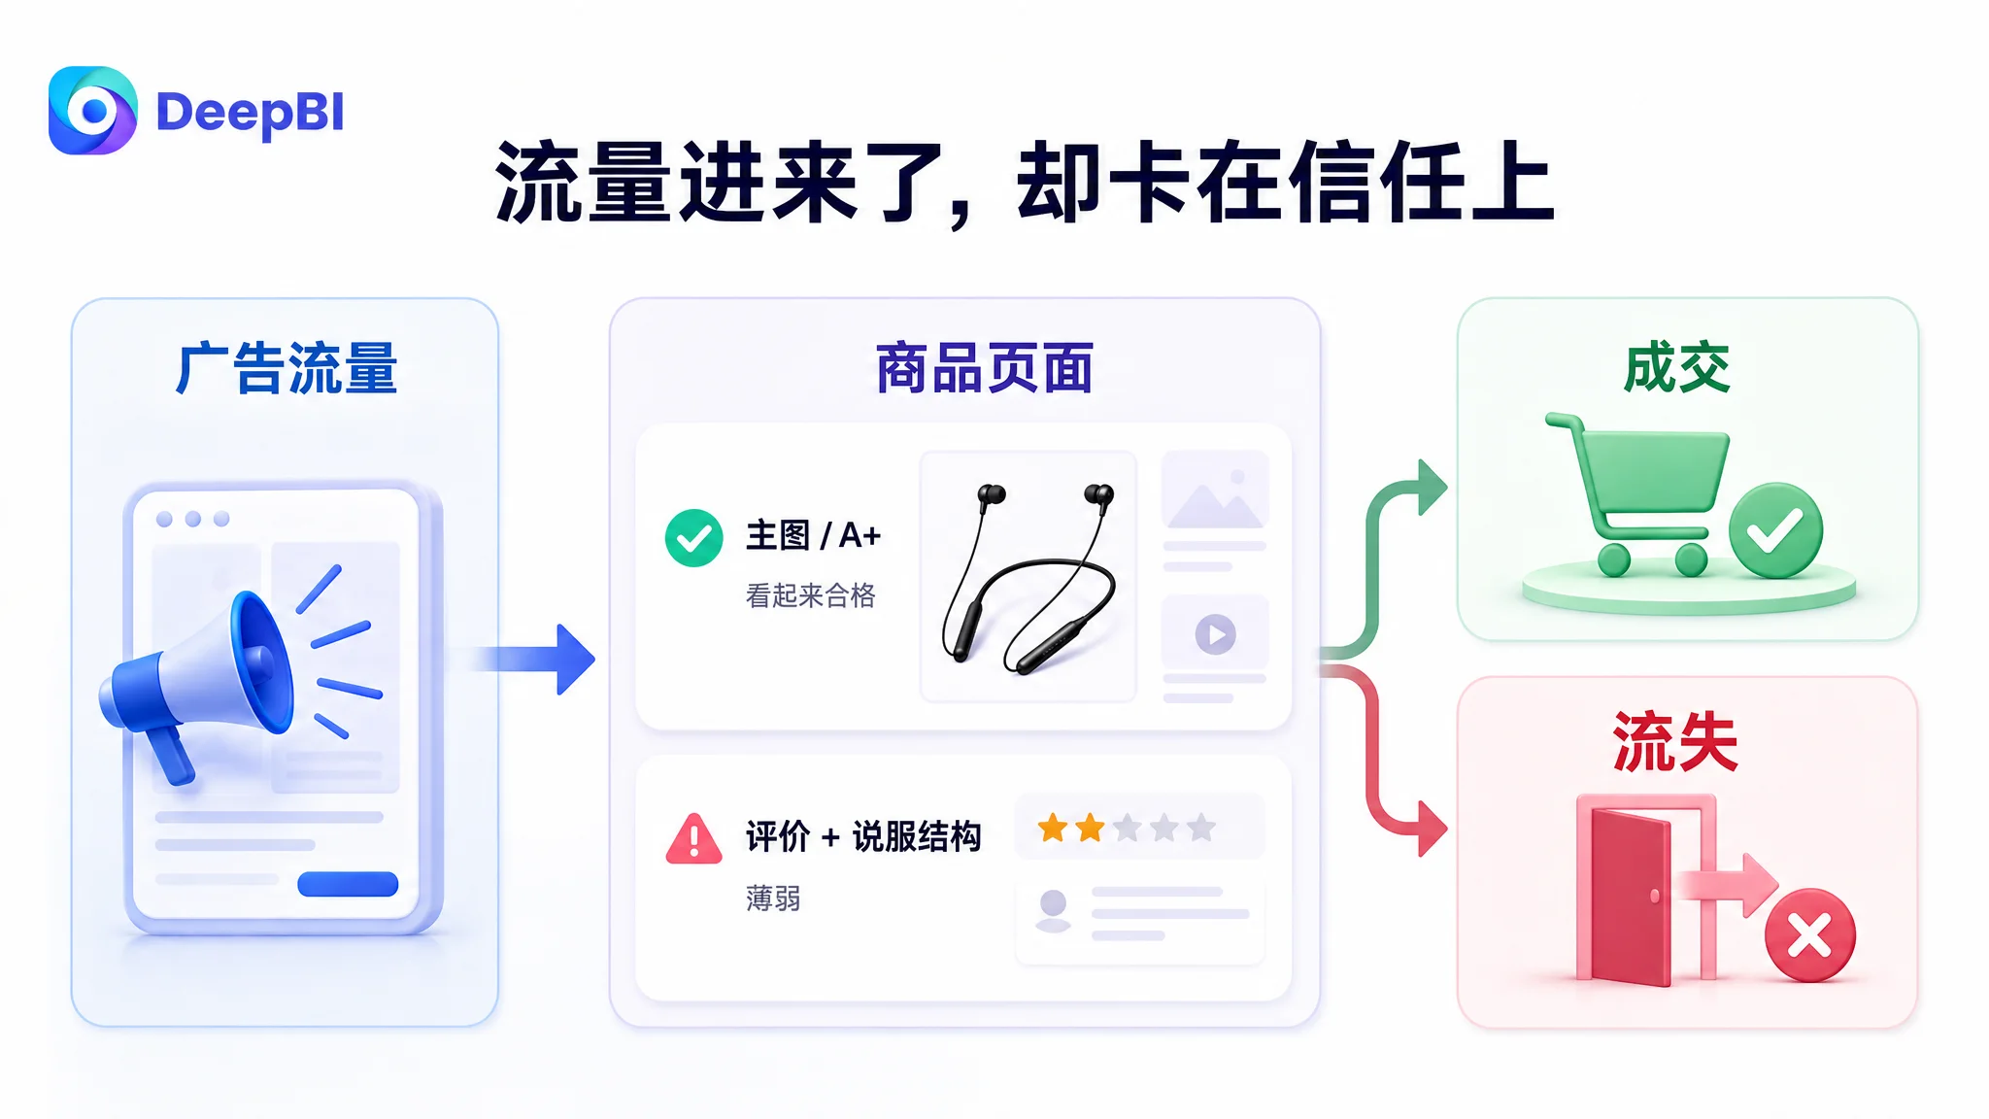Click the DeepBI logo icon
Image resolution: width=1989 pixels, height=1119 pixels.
tap(92, 111)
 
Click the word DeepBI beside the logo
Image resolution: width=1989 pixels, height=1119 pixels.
tap(250, 113)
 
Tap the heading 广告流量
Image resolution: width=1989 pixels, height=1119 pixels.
tap(287, 368)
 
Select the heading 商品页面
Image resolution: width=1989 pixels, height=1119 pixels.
tap(984, 368)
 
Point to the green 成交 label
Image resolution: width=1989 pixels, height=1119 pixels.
tap(1677, 367)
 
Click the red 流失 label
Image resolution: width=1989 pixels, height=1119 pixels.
tap(1675, 742)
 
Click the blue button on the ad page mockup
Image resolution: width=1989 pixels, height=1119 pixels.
tap(348, 884)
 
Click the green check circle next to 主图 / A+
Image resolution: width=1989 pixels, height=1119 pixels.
tap(693, 538)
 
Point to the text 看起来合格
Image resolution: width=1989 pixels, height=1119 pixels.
tap(811, 595)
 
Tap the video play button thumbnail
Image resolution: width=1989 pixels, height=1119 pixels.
tap(1215, 634)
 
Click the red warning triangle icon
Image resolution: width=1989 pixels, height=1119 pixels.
tap(693, 839)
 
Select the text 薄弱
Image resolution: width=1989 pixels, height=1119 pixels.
tap(773, 899)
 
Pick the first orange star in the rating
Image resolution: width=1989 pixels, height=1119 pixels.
tap(1053, 829)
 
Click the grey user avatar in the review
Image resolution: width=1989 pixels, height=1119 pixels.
tap(1053, 911)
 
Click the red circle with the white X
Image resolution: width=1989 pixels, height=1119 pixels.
tap(1810, 936)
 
